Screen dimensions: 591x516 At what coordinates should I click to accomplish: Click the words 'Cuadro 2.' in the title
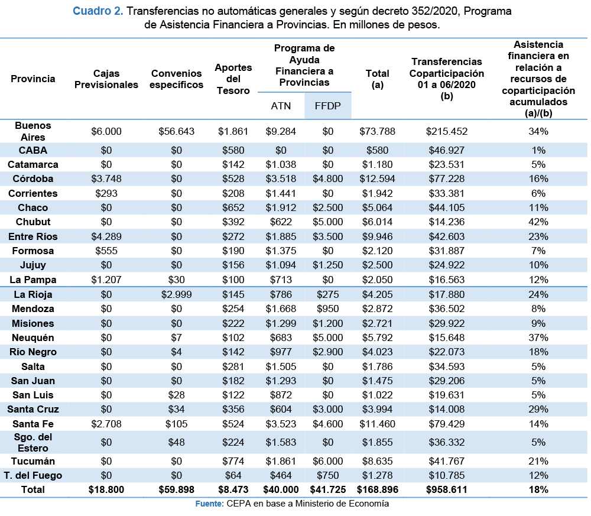(98, 11)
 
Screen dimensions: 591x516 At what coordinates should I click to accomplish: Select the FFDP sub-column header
(327, 106)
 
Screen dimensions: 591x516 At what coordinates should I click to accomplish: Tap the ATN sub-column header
(281, 106)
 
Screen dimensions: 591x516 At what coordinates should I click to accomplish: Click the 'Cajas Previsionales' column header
(106, 79)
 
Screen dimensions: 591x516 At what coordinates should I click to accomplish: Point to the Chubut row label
(33, 222)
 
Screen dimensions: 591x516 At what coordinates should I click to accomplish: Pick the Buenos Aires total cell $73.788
(377, 132)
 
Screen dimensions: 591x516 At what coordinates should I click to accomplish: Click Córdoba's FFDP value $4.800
(327, 179)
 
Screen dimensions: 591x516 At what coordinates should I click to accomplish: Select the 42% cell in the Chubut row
(538, 222)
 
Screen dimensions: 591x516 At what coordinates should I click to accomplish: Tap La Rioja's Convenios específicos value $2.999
(176, 294)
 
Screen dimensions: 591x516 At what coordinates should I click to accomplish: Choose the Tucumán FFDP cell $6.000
(327, 462)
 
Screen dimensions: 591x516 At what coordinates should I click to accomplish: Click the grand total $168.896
(377, 489)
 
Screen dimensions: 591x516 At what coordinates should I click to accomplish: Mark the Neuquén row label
(33, 337)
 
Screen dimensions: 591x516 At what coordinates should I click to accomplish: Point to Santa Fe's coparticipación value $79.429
(447, 424)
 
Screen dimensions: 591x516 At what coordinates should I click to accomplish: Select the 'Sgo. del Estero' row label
(33, 443)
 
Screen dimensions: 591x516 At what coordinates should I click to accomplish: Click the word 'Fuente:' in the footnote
(210, 504)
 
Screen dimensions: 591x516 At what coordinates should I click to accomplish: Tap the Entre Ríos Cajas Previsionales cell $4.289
(106, 236)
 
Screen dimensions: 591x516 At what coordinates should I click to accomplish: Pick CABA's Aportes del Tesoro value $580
(233, 150)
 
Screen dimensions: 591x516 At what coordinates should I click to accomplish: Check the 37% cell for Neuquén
(538, 337)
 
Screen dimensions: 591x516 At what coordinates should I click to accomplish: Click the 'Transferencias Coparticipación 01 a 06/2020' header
(447, 79)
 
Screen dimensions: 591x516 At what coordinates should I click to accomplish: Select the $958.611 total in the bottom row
(447, 489)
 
